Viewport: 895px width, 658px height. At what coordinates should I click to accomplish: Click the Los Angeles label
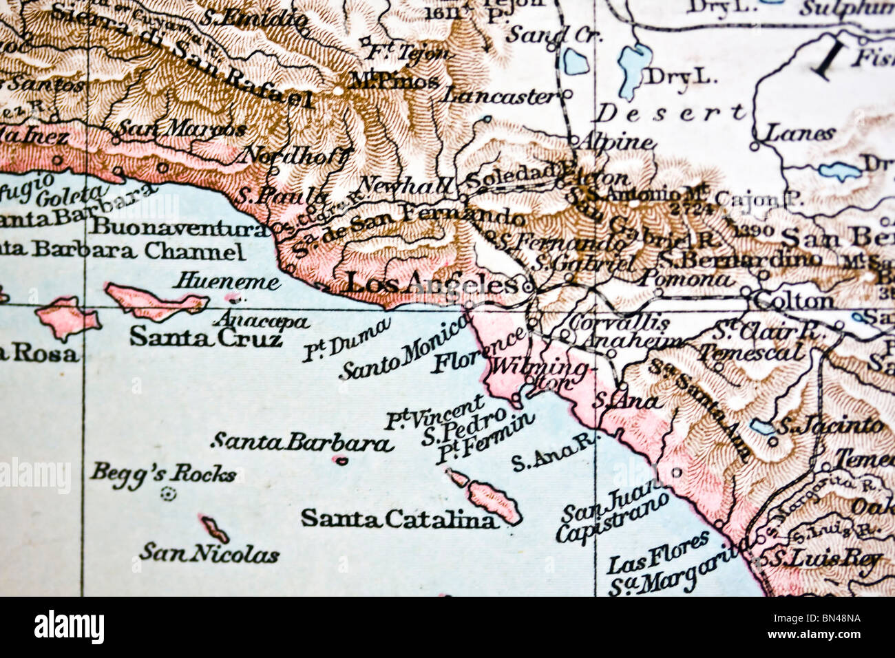click(430, 283)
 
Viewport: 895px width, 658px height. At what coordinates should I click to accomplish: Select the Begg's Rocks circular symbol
click(167, 493)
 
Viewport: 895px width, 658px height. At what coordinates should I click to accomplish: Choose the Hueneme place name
click(227, 282)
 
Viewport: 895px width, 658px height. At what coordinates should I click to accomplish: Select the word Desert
click(669, 112)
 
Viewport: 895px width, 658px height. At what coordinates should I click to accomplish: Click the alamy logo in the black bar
click(69, 627)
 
